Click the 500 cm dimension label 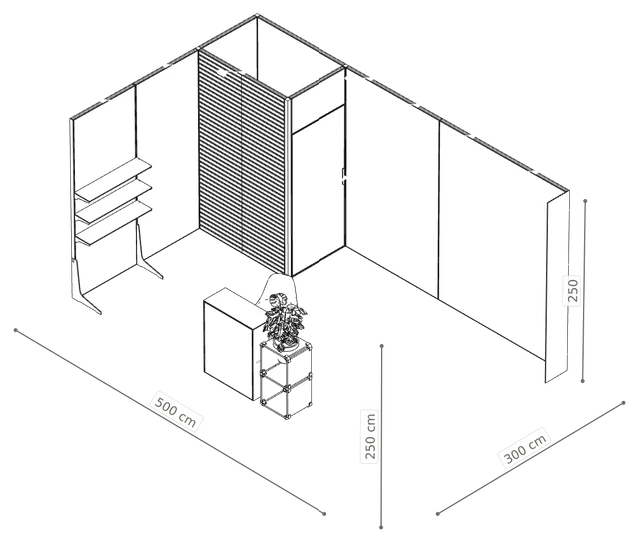177,411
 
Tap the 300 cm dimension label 525,447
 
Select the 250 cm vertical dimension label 370,436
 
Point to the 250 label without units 572,290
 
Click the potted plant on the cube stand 285,320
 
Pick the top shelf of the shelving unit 113,180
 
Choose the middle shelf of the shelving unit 114,202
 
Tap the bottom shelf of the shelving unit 114,224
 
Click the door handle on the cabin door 343,176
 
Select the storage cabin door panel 319,190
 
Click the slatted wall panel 242,162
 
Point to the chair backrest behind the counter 278,289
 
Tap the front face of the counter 228,349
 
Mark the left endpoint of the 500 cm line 16,330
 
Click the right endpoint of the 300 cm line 624,403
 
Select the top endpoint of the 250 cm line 381,346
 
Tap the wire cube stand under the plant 287,380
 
